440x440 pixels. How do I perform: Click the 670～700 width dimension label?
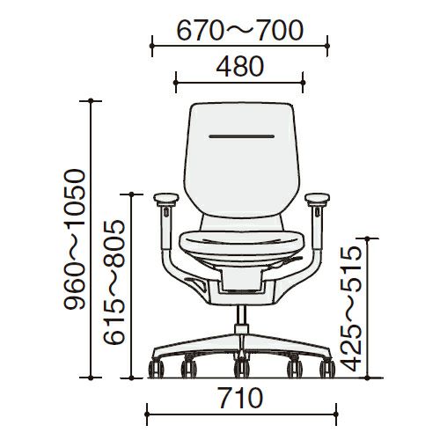tap(239, 31)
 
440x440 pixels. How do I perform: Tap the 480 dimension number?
tap(240, 66)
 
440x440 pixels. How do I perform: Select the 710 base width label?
tap(241, 398)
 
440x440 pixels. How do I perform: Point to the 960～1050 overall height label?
tap(75, 239)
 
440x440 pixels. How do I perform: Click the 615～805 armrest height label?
tap(114, 282)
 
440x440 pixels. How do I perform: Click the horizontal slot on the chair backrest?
tap(242, 136)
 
